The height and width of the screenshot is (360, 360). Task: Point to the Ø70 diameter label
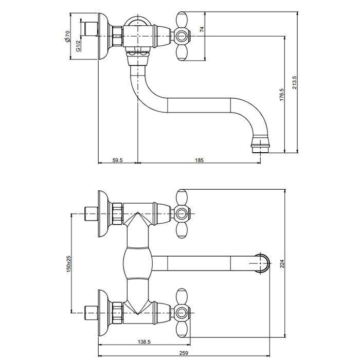pyautogui.click(x=68, y=37)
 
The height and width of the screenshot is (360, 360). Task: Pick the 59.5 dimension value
pyautogui.click(x=117, y=160)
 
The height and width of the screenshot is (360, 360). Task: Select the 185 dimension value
pyautogui.click(x=200, y=160)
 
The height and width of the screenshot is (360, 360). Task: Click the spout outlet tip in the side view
pyautogui.click(x=261, y=147)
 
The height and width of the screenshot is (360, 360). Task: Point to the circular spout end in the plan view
pyautogui.click(x=262, y=262)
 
